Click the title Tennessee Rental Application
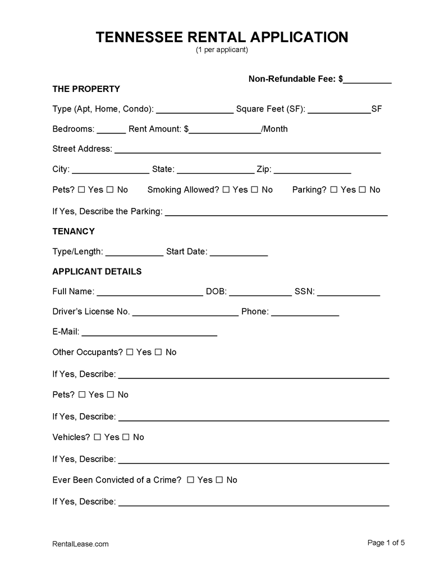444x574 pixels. tap(222, 37)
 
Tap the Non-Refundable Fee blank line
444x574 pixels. tap(367, 80)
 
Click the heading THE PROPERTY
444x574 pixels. tap(86, 89)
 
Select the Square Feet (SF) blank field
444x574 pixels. tap(339, 110)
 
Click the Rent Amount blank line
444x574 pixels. tap(225, 130)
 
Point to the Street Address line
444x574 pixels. tap(248, 150)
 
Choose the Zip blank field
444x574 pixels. tap(313, 170)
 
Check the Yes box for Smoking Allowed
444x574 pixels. tap(226, 190)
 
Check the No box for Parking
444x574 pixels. tap(363, 190)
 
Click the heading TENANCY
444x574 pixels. tap(74, 231)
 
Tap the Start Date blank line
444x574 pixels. tap(239, 253)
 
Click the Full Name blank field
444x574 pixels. tap(150, 293)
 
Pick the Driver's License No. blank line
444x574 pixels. tap(185, 313)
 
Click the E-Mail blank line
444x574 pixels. tap(149, 333)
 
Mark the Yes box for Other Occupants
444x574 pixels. tap(130, 352)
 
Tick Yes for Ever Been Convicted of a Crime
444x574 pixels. tap(190, 480)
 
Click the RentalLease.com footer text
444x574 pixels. tap(80, 544)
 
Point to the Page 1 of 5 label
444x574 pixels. tap(386, 543)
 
